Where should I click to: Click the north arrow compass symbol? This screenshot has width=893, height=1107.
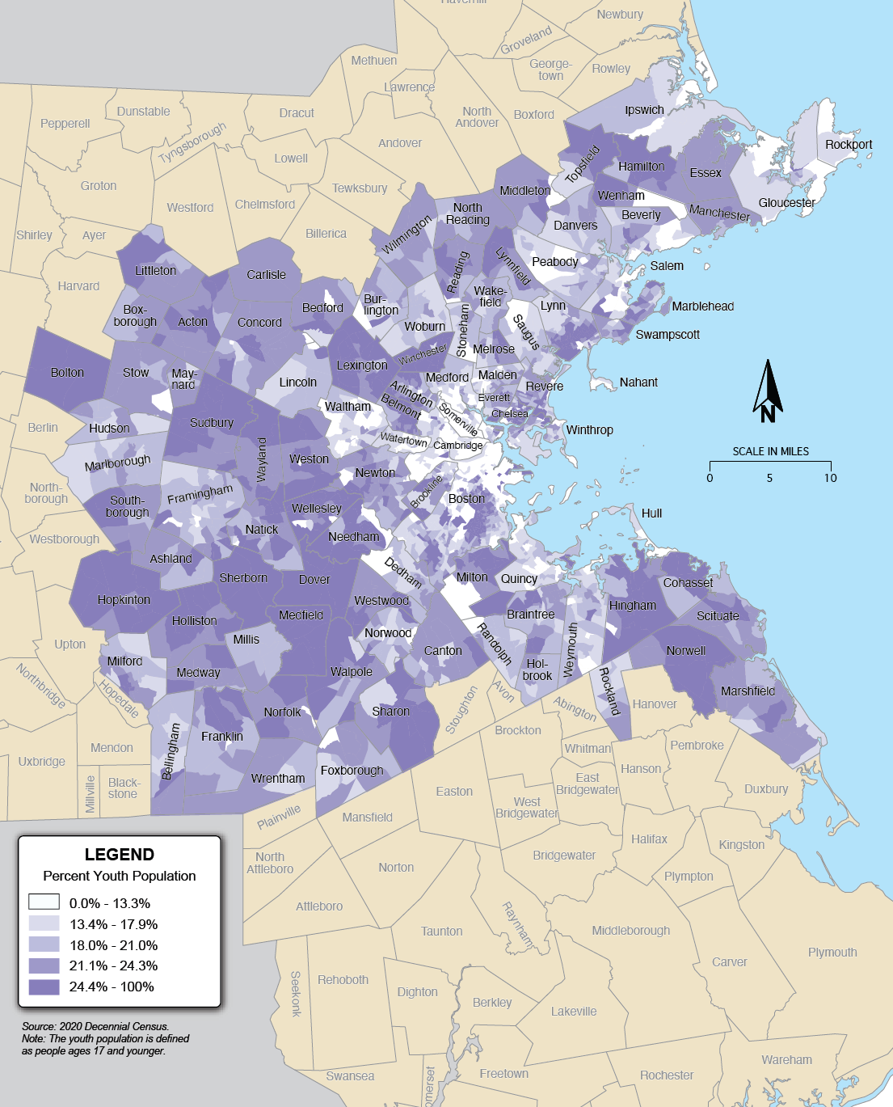point(768,391)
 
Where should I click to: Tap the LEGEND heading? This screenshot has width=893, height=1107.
point(120,855)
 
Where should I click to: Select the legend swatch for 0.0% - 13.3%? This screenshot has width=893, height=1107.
point(44,902)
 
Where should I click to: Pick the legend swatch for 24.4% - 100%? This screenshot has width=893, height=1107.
point(44,987)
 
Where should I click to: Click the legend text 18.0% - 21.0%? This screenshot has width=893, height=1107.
point(113,945)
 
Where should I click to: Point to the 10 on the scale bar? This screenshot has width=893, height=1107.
point(831,478)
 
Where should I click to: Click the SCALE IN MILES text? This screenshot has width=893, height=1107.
point(770,451)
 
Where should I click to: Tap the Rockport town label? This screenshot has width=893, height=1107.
point(849,145)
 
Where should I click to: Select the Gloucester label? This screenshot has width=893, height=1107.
point(786,203)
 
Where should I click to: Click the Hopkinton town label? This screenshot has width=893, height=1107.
point(124,600)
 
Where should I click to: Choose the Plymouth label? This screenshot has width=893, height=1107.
point(832,952)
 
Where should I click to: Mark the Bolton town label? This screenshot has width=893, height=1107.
point(67,373)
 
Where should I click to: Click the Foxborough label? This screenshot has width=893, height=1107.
point(352,771)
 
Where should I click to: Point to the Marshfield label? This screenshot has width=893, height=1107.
point(748,691)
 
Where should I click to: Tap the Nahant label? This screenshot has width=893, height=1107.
point(638,382)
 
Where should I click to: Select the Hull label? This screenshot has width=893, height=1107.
point(651,513)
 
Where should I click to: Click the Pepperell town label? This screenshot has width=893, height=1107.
point(65,124)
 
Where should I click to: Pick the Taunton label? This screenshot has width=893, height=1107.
point(441,932)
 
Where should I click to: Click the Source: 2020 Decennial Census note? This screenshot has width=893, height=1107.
point(95,1026)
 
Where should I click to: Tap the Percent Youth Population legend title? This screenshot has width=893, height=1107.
point(120,876)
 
